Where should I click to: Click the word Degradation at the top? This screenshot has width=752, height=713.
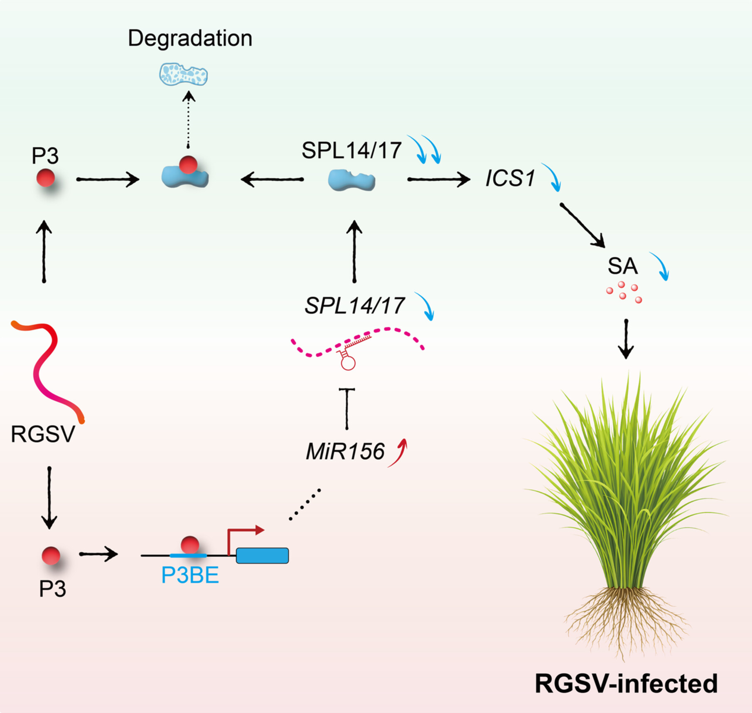click(x=190, y=38)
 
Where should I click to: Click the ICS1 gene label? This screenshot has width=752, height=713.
click(x=510, y=179)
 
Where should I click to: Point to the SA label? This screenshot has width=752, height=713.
click(x=622, y=266)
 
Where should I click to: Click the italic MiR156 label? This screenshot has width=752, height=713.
click(x=345, y=452)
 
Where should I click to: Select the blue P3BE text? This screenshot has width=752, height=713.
click(x=190, y=575)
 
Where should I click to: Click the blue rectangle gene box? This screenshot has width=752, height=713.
click(x=262, y=556)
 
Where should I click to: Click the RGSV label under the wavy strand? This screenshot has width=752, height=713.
click(x=43, y=434)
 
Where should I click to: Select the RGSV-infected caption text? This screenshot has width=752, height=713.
click(x=626, y=683)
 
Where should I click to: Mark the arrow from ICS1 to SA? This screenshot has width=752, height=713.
click(x=582, y=226)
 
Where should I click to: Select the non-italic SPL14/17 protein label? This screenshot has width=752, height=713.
click(x=351, y=150)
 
